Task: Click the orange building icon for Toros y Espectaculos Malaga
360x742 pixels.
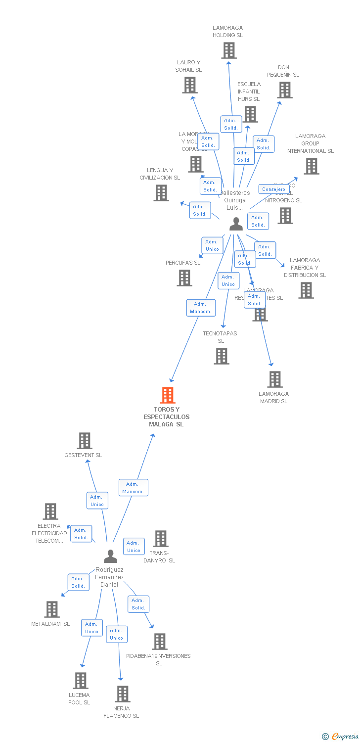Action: (x=168, y=395)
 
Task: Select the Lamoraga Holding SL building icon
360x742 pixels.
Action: (x=228, y=50)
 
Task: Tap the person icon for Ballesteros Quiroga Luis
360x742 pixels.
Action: (x=236, y=224)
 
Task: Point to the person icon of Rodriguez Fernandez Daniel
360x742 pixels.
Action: (x=110, y=556)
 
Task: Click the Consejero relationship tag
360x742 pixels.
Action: (x=273, y=189)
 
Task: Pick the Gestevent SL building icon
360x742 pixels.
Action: (x=85, y=441)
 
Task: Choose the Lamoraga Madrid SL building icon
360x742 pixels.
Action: (x=274, y=379)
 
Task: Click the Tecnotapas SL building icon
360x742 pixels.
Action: (x=221, y=356)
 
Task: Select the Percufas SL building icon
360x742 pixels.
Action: (x=184, y=278)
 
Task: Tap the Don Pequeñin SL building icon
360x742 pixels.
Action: (x=284, y=90)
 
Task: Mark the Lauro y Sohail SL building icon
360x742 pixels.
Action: (x=189, y=85)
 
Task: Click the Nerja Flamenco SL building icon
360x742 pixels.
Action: (x=122, y=694)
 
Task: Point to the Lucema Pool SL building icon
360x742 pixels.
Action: (x=81, y=681)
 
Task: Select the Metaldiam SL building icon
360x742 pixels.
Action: (x=51, y=609)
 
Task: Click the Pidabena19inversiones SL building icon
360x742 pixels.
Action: (x=159, y=642)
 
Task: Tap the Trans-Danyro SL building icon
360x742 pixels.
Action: (x=160, y=539)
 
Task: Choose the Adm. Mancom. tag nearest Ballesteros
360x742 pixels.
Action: (x=201, y=308)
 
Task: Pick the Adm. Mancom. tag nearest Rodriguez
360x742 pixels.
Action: (x=133, y=488)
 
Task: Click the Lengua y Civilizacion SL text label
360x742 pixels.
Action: (x=160, y=174)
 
